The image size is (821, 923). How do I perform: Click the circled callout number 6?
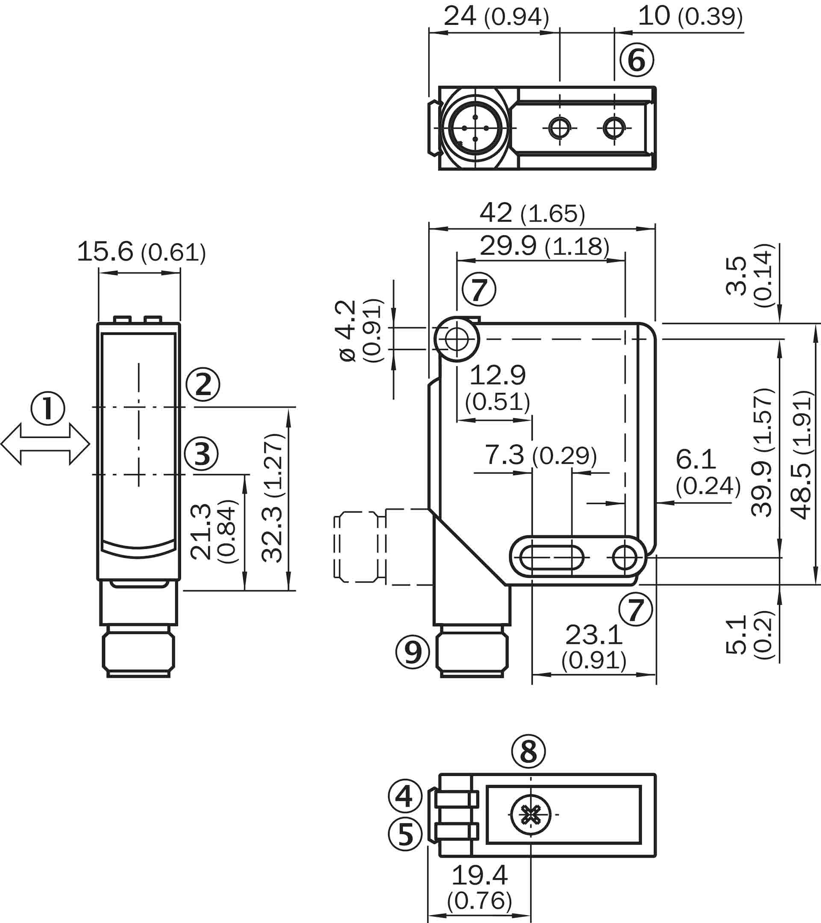click(636, 59)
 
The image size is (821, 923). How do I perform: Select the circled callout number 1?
click(48, 408)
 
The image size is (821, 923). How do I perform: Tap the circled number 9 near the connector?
click(413, 651)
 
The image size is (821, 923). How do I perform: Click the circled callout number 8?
click(529, 751)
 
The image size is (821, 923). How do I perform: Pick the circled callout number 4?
click(405, 796)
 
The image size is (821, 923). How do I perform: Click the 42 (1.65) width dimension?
click(532, 213)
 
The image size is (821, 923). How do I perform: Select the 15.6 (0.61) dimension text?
click(141, 252)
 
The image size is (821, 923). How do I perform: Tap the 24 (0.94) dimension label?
click(496, 17)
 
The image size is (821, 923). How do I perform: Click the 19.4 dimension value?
click(479, 875)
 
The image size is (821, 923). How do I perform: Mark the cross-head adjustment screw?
click(531, 815)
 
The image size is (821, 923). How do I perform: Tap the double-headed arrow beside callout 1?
click(45, 444)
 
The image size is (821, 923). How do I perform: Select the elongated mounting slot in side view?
click(552, 558)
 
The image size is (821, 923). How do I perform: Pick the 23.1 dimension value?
click(594, 635)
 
